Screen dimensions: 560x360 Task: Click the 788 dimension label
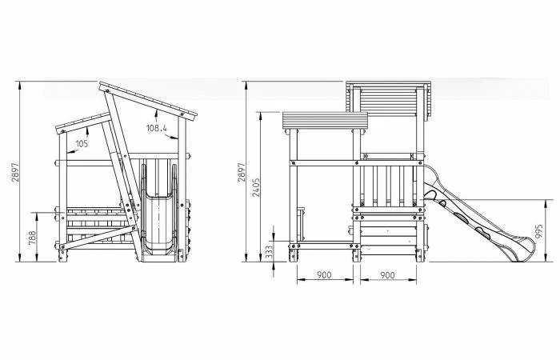click(x=32, y=238)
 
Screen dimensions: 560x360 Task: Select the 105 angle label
click(x=82, y=143)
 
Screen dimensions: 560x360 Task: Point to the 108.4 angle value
click(x=157, y=128)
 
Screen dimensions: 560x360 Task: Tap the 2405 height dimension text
click(x=256, y=187)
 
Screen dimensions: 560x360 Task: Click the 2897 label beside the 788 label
click(x=15, y=172)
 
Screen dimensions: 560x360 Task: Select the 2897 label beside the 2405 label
click(x=242, y=172)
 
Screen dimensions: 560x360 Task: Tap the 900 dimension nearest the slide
click(x=387, y=275)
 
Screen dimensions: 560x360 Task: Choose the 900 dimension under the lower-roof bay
click(x=324, y=275)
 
